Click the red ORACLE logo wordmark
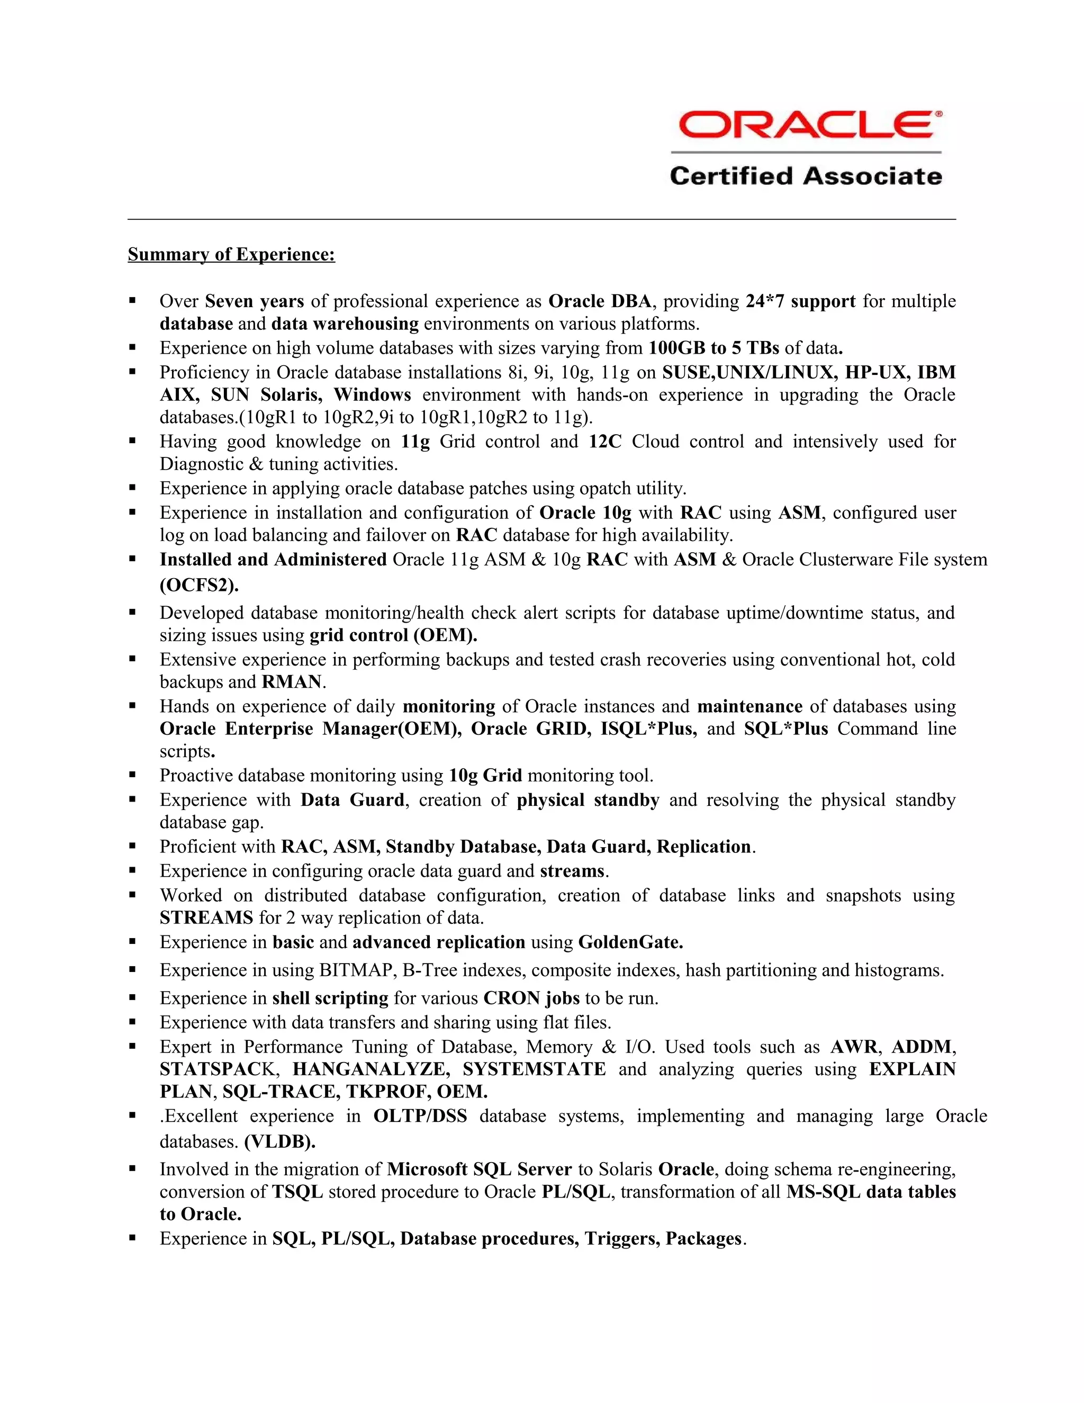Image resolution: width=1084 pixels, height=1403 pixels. [806, 124]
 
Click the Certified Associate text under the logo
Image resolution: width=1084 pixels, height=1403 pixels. [806, 176]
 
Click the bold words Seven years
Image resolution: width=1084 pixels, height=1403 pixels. [254, 301]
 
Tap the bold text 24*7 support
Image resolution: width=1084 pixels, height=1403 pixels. [800, 301]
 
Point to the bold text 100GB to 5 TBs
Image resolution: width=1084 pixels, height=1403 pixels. [713, 348]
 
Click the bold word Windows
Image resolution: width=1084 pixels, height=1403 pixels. [373, 394]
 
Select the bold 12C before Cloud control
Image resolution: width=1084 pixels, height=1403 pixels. [605, 442]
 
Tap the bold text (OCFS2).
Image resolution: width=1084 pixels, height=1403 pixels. [199, 585]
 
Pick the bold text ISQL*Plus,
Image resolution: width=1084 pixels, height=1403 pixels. [648, 729]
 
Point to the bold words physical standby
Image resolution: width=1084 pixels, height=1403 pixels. [588, 800]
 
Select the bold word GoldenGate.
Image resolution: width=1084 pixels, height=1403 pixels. [630, 942]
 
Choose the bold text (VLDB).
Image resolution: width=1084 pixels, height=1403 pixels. [280, 1141]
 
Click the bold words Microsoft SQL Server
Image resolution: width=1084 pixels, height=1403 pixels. [479, 1169]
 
